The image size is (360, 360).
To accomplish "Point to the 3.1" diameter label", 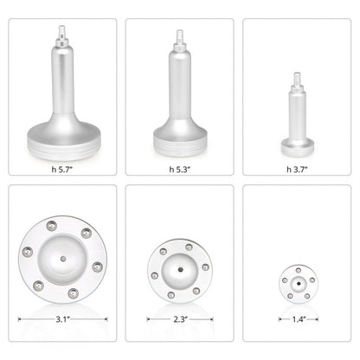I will (x=62, y=319).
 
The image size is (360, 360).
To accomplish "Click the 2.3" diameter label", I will (x=179, y=319).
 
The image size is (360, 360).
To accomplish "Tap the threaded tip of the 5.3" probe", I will (x=180, y=39).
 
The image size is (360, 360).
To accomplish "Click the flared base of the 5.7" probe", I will (x=62, y=138).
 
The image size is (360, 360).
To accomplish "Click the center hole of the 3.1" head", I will (x=62, y=257).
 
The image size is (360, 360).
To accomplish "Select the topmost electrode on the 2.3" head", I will (x=190, y=247).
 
